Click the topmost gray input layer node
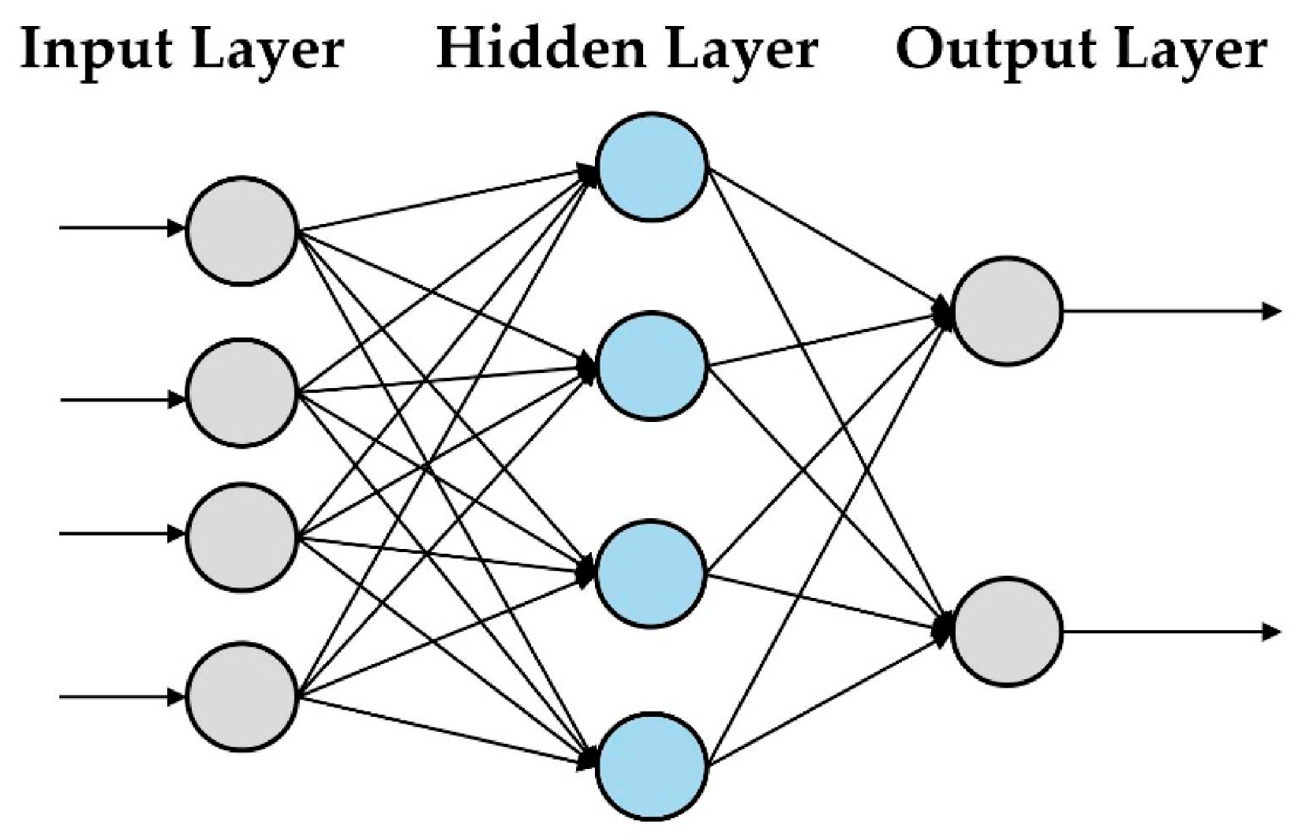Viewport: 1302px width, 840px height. pyautogui.click(x=241, y=230)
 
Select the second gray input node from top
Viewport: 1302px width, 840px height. pyautogui.click(x=241, y=392)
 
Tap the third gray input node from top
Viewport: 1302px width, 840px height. pyautogui.click(x=241, y=536)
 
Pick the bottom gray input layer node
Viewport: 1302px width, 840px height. pyautogui.click(x=241, y=696)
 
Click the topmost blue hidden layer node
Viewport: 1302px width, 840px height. pyautogui.click(x=651, y=166)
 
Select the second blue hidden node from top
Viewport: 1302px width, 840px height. pyautogui.click(x=651, y=366)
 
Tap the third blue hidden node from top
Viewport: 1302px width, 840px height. pyautogui.click(x=651, y=573)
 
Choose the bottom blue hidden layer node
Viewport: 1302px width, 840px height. pyautogui.click(x=651, y=767)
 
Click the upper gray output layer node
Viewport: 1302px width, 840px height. pyautogui.click(x=1007, y=311)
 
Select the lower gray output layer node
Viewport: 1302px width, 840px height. pyautogui.click(x=1007, y=631)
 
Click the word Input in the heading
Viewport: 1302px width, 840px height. pyautogui.click(x=95, y=49)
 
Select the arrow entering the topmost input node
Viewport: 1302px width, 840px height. pyautogui.click(x=118, y=229)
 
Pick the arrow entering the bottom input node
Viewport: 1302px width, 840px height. pyautogui.click(x=118, y=697)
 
